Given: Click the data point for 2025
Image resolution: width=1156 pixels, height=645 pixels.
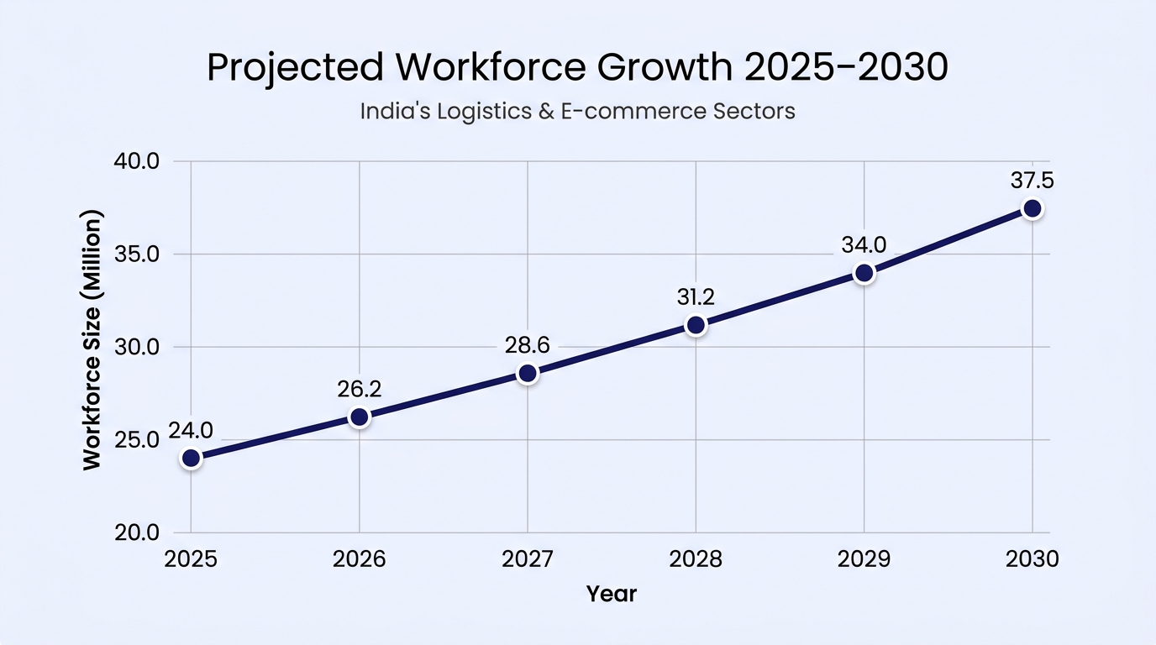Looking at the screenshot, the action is (191, 458).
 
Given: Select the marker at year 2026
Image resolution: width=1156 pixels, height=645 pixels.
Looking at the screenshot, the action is (360, 417).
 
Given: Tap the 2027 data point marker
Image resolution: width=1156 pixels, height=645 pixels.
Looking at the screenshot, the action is (528, 373).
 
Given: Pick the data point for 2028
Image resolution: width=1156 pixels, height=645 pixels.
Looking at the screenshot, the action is (696, 325).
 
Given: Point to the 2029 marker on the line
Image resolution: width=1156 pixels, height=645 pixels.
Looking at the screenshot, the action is (864, 273).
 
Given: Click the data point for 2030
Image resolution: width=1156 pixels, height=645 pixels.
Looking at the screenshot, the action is (1033, 208).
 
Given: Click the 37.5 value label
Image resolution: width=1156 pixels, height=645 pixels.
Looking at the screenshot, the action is (1033, 181).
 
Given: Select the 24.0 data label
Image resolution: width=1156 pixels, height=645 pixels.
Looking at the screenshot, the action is (191, 430).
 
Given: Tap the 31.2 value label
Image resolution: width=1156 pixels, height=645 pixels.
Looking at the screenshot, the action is (696, 297).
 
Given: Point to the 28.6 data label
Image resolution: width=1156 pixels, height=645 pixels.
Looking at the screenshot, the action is (528, 345).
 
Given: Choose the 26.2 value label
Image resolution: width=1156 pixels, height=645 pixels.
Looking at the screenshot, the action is (360, 389).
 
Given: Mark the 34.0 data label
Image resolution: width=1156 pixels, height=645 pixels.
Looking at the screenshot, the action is (864, 245).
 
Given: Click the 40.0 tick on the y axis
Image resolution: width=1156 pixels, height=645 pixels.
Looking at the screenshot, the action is (137, 161).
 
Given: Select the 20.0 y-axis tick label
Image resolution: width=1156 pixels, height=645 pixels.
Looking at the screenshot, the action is (137, 532).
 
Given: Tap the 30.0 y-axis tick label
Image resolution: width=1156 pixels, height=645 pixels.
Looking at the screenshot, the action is (137, 347).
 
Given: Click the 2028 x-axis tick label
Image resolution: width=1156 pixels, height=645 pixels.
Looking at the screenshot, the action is (696, 559).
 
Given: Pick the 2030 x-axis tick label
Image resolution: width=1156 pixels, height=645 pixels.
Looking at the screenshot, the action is (1033, 559).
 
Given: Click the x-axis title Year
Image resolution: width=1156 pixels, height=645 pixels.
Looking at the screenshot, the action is (612, 594).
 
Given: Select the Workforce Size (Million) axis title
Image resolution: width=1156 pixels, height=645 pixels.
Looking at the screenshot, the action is (92, 340).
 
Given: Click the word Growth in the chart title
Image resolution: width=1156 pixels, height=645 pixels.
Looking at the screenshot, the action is (665, 67).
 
